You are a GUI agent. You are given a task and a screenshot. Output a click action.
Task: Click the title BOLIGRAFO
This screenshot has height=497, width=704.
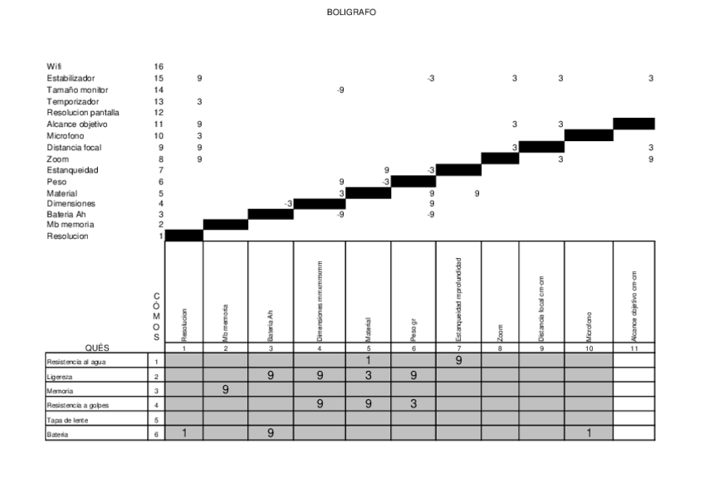pos(351,12)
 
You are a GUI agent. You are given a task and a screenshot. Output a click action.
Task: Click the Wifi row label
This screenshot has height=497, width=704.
pos(55,66)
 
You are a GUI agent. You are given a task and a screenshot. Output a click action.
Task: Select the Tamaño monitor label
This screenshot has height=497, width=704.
pos(77,90)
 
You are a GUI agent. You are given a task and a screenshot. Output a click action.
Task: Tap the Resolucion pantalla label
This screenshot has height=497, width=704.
pos(83,113)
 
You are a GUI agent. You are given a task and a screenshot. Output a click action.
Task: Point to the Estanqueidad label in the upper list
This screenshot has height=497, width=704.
pos(73,170)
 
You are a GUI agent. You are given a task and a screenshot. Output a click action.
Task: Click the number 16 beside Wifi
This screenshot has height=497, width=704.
pos(159,66)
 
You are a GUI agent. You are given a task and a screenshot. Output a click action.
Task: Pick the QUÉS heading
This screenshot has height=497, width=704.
pos(99,348)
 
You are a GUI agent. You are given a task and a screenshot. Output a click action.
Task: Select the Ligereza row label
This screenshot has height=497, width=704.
pos(59,376)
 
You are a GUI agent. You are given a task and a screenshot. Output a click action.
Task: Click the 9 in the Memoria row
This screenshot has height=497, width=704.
pos(226,390)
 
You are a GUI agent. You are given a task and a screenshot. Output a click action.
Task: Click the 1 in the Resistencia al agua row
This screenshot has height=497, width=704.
pos(368,361)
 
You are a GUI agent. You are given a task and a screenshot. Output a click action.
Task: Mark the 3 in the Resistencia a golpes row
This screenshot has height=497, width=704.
pos(413,404)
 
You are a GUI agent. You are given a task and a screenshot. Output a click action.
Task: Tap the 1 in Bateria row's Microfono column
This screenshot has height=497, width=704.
pos(588,433)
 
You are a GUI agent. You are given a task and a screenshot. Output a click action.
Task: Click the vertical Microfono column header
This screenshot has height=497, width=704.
pos(589,325)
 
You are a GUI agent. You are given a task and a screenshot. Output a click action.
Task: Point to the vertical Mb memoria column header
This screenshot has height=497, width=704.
pos(226,325)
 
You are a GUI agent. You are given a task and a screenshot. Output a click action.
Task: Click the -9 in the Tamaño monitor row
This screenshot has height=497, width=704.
pos(340,90)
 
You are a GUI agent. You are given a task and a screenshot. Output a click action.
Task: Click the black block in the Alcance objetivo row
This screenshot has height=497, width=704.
pos(633,124)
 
